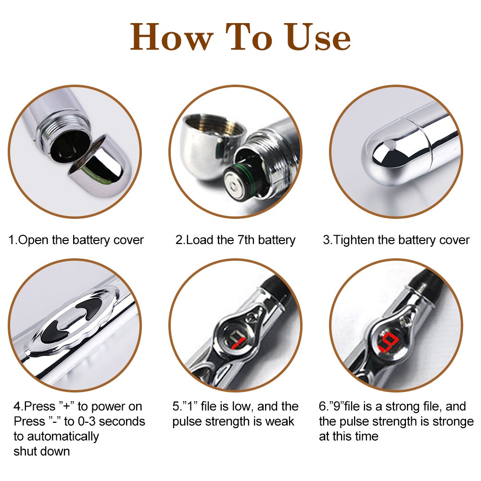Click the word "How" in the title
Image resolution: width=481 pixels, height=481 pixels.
[x=172, y=37]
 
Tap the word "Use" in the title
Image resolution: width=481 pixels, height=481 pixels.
[x=317, y=37]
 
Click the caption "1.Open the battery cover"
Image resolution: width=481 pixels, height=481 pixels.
[x=76, y=240]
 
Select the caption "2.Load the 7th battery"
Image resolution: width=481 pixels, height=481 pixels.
[x=235, y=240]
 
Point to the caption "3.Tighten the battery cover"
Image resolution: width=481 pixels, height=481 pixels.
[x=396, y=240]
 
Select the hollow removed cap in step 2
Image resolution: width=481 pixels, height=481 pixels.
[x=212, y=144]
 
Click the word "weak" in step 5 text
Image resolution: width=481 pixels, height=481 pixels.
[x=279, y=421]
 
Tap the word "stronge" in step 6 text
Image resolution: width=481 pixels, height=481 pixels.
[x=453, y=421]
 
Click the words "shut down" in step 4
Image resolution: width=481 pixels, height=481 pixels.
[x=42, y=451]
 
